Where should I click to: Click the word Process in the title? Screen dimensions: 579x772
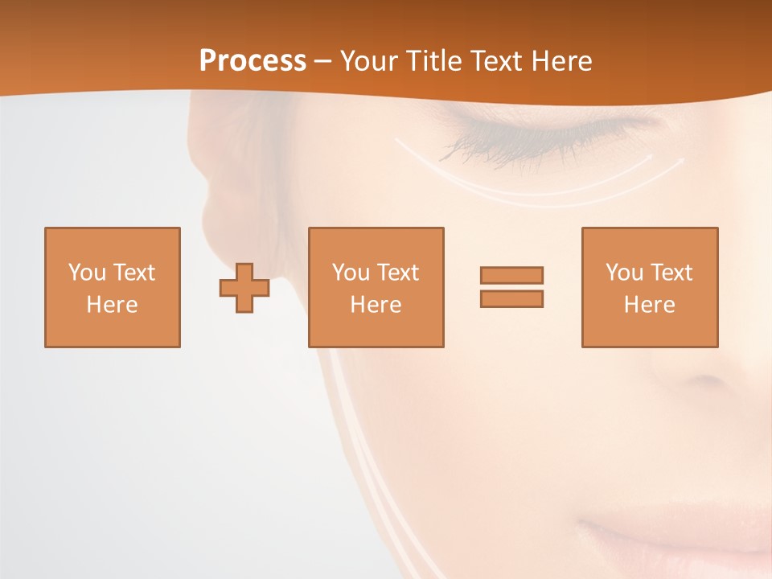[x=253, y=60]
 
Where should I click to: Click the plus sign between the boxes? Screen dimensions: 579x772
[x=244, y=288]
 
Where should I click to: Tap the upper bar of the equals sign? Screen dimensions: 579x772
[x=511, y=275]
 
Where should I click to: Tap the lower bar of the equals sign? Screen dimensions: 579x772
[x=511, y=298]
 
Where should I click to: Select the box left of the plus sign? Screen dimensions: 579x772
[x=112, y=288]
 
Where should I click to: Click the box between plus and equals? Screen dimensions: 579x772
[x=376, y=288]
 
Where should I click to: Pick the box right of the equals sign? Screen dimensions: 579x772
[x=649, y=288]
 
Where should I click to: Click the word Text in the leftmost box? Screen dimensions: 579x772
[x=133, y=273]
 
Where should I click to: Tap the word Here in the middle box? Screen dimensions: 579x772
[x=376, y=305]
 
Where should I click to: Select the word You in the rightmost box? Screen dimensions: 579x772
[x=624, y=273]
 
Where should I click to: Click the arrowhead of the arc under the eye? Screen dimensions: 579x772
[x=680, y=160]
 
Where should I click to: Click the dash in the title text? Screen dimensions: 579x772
[x=322, y=61]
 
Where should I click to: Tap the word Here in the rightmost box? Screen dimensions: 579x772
[x=649, y=305]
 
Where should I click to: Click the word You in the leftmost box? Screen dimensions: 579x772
[x=87, y=273]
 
